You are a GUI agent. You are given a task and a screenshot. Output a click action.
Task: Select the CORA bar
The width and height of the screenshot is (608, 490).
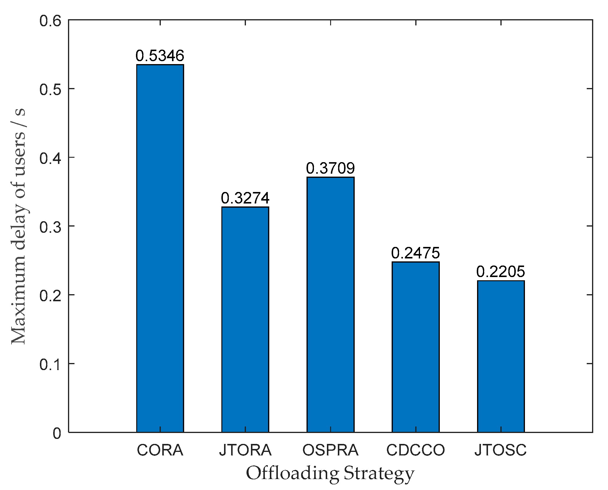coord(160,248)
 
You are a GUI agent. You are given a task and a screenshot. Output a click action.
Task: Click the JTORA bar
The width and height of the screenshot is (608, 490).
coord(245,319)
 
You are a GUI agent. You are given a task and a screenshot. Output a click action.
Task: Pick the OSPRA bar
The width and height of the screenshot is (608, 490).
coord(330,304)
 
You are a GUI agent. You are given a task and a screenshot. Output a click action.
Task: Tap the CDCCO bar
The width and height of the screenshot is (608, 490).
coord(416,347)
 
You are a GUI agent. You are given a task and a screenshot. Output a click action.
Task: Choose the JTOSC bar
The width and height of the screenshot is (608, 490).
coord(501,356)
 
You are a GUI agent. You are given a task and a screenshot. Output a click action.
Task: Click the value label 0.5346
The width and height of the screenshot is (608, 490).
coord(160,56)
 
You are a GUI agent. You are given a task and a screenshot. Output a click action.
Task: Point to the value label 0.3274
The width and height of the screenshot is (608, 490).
coord(245,198)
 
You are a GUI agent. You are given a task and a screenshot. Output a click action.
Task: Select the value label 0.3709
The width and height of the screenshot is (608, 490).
coord(330,168)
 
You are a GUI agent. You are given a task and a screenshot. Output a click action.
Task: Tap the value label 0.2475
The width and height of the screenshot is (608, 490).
coord(416,253)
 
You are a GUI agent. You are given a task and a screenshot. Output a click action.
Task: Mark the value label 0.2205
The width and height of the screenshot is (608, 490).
coord(501,271)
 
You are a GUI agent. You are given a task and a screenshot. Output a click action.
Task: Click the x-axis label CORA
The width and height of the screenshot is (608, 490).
coord(160,450)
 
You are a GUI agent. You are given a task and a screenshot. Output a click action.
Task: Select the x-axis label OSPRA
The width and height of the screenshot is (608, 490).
coord(330,450)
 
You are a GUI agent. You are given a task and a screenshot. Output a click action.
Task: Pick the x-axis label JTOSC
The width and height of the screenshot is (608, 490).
coord(501,450)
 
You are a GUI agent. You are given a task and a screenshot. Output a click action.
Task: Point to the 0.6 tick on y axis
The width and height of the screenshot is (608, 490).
coord(50,21)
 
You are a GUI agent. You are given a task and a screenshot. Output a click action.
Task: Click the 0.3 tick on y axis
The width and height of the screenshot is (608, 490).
coord(50,227)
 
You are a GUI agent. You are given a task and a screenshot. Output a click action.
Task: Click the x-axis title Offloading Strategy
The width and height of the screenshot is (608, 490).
coord(330,474)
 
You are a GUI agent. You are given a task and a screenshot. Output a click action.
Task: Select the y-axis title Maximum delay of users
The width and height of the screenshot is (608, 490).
coord(18,226)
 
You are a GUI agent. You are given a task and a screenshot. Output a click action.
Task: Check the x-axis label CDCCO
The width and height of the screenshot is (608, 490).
coord(416,450)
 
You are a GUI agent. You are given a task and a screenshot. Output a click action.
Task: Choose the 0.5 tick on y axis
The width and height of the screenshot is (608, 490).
coord(50,89)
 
